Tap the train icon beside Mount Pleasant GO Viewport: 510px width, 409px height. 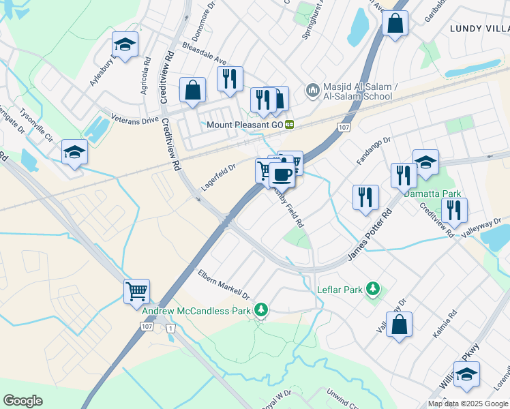pyautogui.click(x=290, y=125)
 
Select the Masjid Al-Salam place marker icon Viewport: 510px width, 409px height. pyautogui.click(x=312, y=89)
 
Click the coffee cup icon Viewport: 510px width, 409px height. pyautogui.click(x=282, y=175)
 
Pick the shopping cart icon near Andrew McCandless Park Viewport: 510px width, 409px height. pyautogui.click(x=137, y=291)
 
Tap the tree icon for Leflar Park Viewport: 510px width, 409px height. pyautogui.click(x=372, y=290)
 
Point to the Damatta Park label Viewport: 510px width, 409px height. pyautogui.click(x=432, y=194)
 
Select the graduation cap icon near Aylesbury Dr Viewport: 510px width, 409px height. pyautogui.click(x=125, y=45)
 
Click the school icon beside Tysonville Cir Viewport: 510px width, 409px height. pyautogui.click(x=74, y=152)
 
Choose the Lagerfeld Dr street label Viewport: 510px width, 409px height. pyautogui.click(x=218, y=177)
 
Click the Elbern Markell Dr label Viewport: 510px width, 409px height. pyautogui.click(x=224, y=284)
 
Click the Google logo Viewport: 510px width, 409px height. pyautogui.click(x=22, y=401)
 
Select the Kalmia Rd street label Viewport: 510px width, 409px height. pyautogui.click(x=444, y=326)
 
